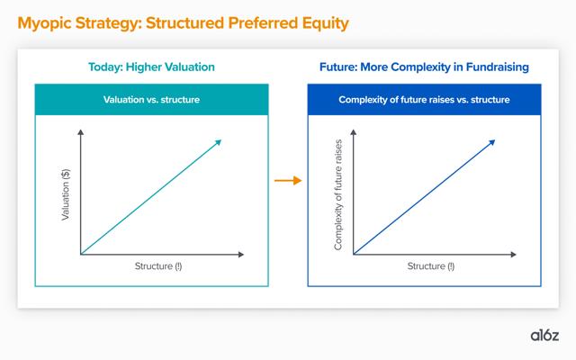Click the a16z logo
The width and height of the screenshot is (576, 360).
pyautogui.click(x=544, y=336)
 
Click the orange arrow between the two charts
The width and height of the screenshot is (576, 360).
pyautogui.click(x=288, y=180)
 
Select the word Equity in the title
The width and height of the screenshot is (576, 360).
pyautogui.click(x=325, y=23)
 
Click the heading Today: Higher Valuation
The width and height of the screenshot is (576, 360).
pyautogui.click(x=151, y=67)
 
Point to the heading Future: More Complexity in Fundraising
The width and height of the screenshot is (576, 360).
pyautogui.click(x=424, y=67)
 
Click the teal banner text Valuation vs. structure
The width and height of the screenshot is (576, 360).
pyautogui.click(x=151, y=100)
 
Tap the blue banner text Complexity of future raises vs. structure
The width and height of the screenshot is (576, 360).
pyautogui.click(x=424, y=100)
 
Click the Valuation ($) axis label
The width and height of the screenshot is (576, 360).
pyautogui.click(x=66, y=194)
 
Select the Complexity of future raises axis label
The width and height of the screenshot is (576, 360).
pyautogui.click(x=338, y=194)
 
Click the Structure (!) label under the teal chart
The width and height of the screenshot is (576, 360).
pyautogui.click(x=158, y=266)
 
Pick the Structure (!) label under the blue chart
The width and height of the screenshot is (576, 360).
pyautogui.click(x=430, y=266)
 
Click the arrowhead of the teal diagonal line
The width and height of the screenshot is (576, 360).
pyautogui.click(x=219, y=142)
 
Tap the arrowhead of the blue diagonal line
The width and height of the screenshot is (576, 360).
pyautogui.click(x=492, y=142)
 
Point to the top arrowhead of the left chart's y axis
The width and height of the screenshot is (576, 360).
pyautogui.click(x=81, y=132)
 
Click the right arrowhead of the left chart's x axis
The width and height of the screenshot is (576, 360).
pyautogui.click(x=241, y=254)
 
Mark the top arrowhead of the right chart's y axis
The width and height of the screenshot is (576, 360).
pyautogui.click(x=354, y=132)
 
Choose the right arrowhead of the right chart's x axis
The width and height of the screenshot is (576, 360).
pyautogui.click(x=514, y=254)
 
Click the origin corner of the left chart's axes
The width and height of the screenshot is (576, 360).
pyautogui.click(x=81, y=254)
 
